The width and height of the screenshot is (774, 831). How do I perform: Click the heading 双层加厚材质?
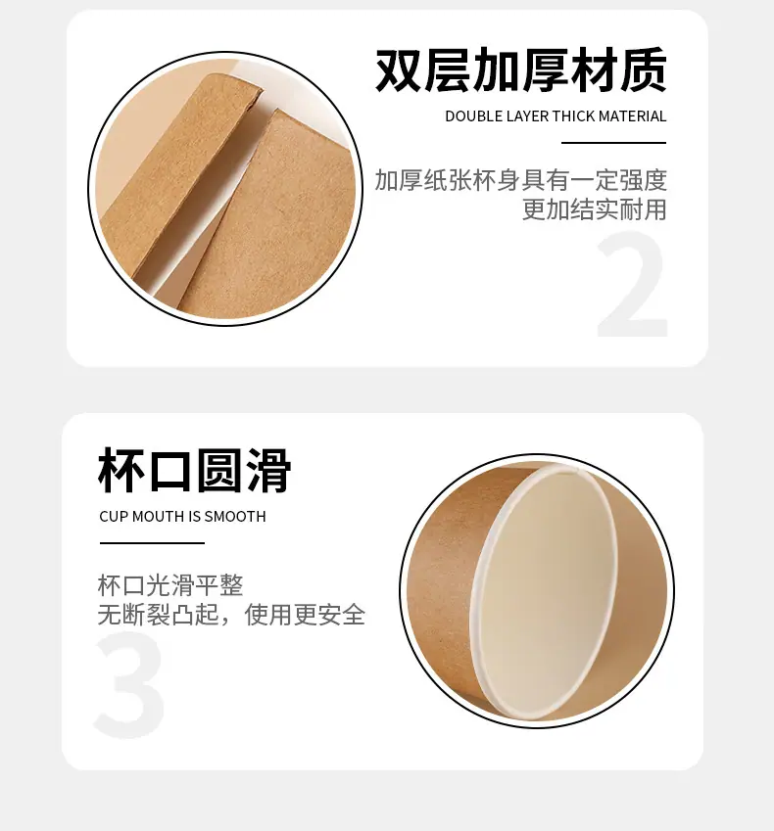(x=521, y=69)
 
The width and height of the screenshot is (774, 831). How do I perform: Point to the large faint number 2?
(x=632, y=285)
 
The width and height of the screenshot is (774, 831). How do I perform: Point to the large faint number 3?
(x=129, y=683)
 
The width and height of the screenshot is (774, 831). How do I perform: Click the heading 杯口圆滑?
(x=195, y=470)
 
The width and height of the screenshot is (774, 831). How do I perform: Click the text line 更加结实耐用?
(x=594, y=209)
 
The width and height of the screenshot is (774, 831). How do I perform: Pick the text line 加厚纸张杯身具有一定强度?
(x=521, y=180)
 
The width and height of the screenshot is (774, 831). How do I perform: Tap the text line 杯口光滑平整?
(x=170, y=585)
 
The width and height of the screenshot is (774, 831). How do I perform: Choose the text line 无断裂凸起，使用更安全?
(x=232, y=615)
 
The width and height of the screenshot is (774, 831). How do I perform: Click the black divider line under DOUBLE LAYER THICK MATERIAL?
(x=613, y=143)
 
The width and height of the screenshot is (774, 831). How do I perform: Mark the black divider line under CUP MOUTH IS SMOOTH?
(x=152, y=542)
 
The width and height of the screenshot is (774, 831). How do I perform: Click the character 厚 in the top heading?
(x=546, y=69)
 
